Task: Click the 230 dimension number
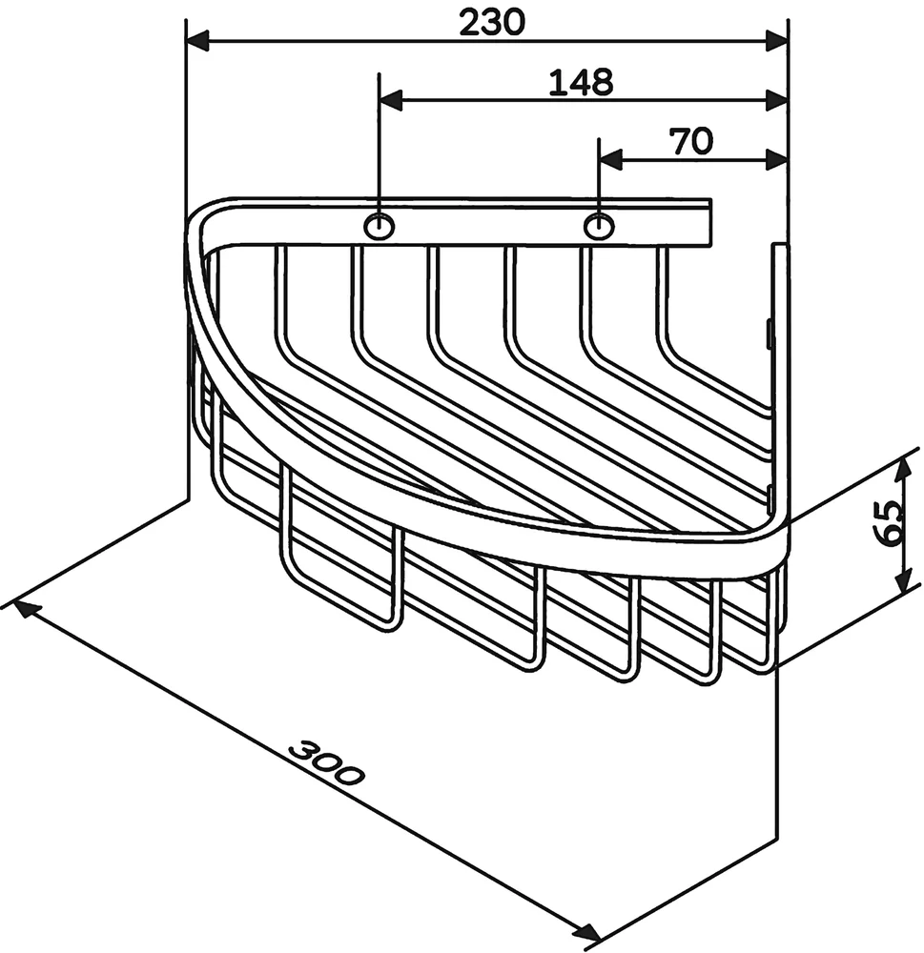click(491, 24)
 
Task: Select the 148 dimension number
click(581, 82)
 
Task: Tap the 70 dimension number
click(691, 141)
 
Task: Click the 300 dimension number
click(325, 762)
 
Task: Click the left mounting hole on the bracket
click(379, 227)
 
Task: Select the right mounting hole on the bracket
click(599, 227)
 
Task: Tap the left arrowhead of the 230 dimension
click(197, 42)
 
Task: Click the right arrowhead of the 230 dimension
click(777, 42)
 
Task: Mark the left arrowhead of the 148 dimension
click(391, 101)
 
